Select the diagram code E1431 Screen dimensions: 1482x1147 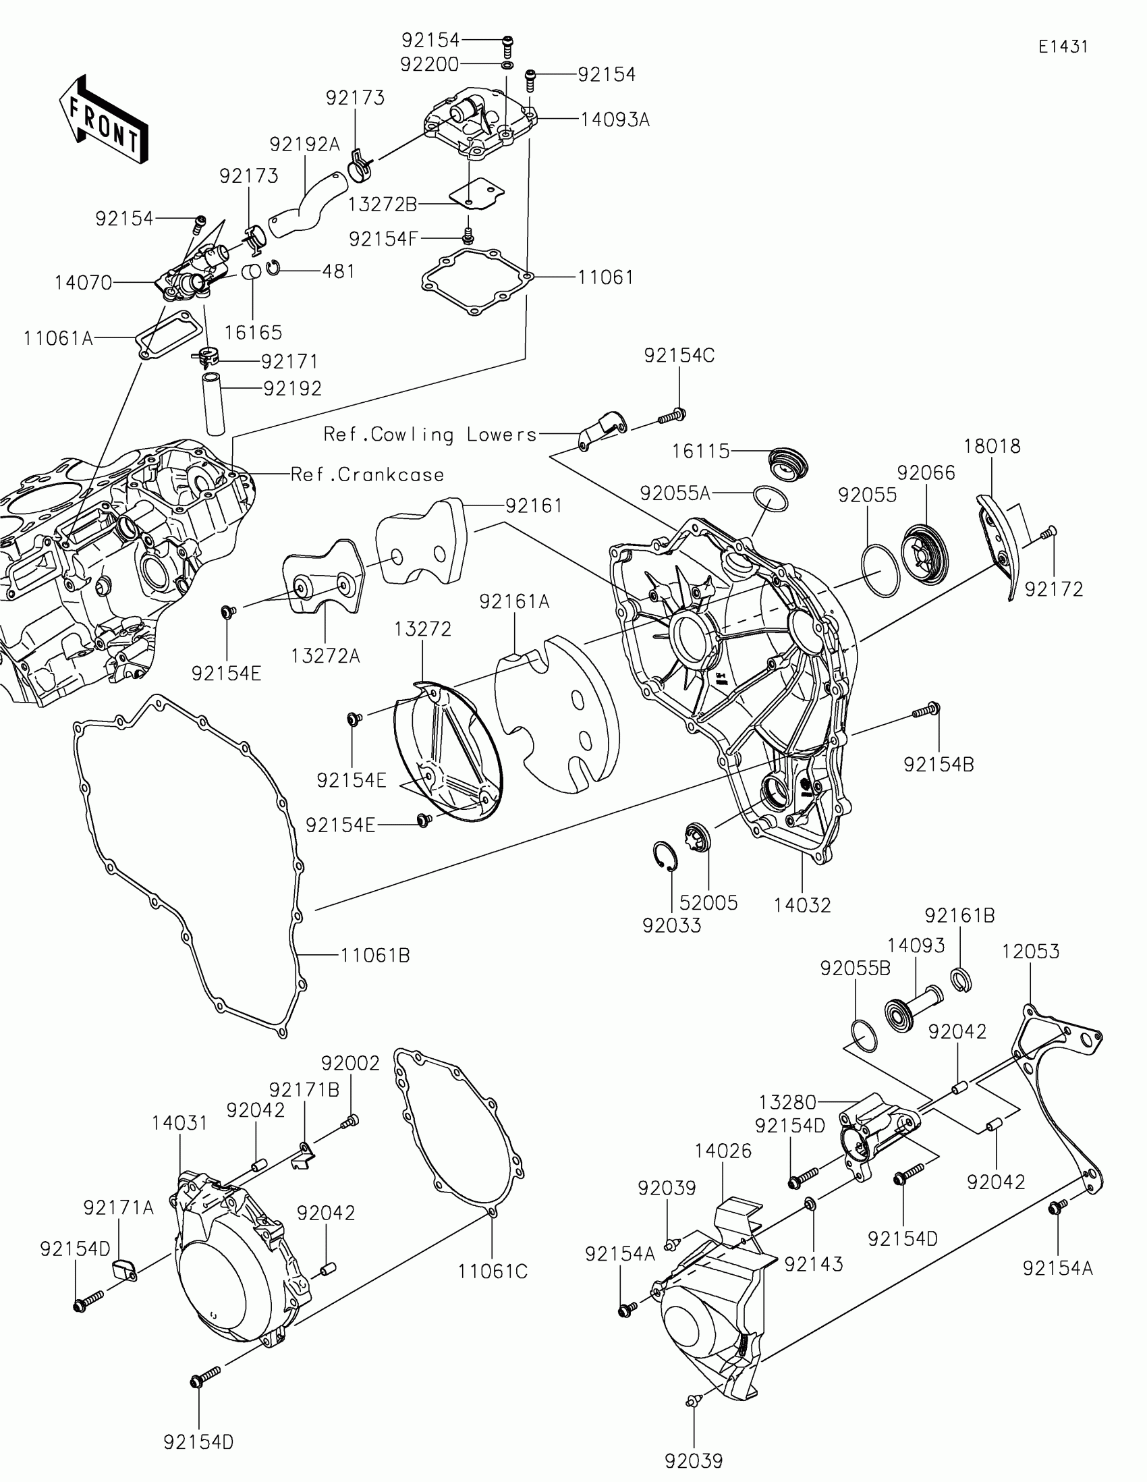click(x=1063, y=47)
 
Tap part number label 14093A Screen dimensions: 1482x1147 click(x=615, y=120)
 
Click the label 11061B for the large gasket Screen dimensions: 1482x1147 click(x=374, y=956)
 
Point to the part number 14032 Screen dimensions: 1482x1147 click(x=802, y=905)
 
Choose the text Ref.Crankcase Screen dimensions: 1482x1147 click(x=367, y=474)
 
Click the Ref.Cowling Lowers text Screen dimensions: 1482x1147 click(x=430, y=435)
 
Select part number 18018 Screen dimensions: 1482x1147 click(x=992, y=447)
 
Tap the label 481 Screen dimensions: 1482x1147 click(x=339, y=271)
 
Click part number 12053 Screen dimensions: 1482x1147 click(x=1030, y=952)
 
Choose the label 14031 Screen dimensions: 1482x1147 click(x=179, y=1123)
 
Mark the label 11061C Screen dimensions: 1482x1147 click(x=493, y=1271)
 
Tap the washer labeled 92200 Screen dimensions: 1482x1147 click(x=507, y=65)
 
